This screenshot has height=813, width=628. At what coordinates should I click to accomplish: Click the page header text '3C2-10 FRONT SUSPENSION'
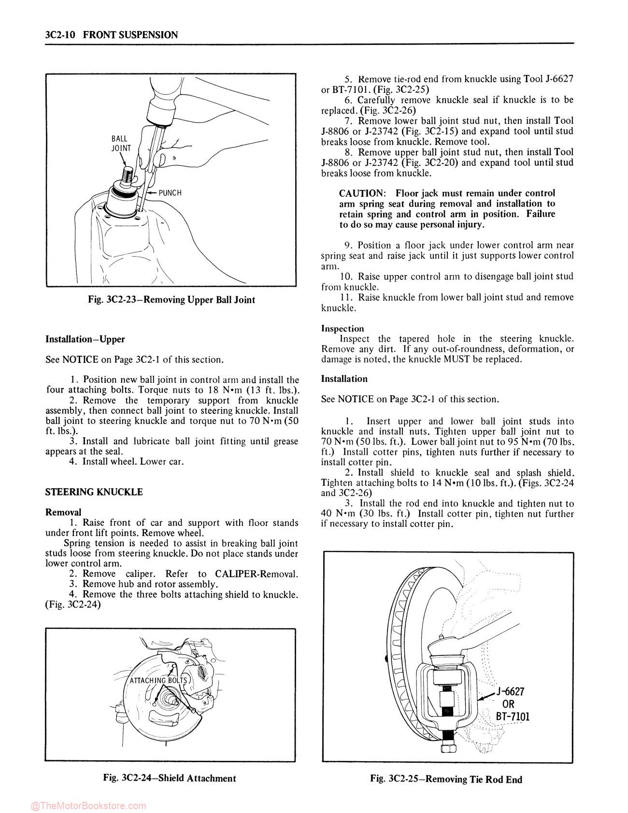111,35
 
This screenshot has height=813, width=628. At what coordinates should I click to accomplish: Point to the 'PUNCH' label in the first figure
170,193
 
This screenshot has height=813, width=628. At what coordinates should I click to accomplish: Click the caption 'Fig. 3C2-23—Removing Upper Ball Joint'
171,300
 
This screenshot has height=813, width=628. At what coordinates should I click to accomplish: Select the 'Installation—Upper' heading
85,339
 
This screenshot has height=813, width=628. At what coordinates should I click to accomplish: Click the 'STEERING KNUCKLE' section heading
94,492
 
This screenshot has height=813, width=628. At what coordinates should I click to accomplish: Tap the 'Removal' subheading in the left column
63,512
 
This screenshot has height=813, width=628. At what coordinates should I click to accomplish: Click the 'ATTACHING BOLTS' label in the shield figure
158,680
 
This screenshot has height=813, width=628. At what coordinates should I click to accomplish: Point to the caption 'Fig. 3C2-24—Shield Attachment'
170,778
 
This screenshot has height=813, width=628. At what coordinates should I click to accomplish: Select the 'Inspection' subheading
343,329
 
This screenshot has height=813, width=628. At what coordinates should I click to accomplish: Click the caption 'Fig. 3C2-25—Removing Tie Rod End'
446,779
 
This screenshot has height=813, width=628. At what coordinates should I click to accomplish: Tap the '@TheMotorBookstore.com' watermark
88,806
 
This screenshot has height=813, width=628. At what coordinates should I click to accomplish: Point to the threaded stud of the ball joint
128,174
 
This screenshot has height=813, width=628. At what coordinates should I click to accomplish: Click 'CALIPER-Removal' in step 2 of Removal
257,574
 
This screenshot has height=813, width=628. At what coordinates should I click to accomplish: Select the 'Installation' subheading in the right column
344,379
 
